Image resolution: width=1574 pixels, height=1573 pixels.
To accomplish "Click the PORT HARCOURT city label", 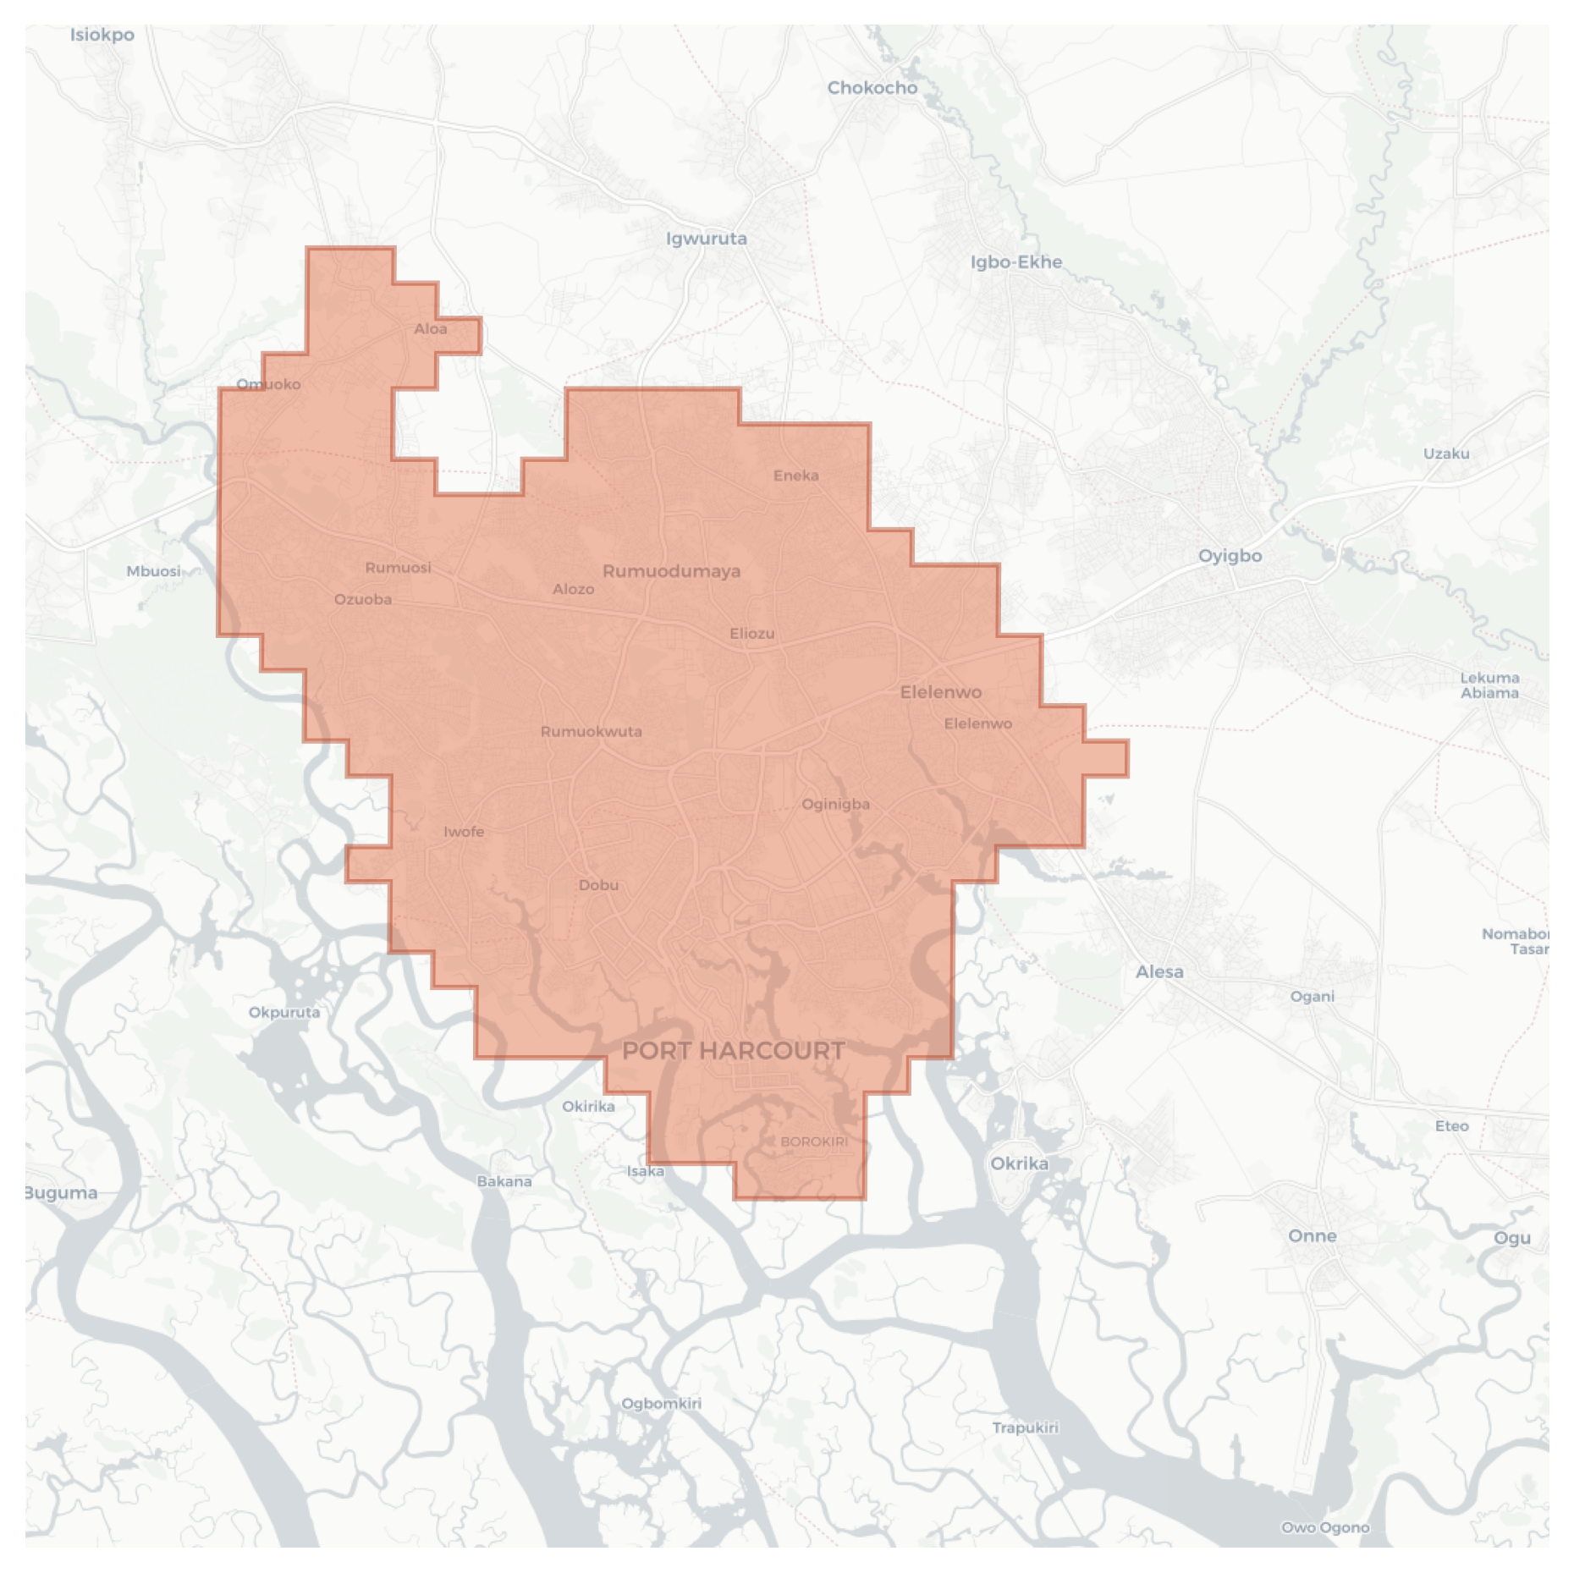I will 733,1051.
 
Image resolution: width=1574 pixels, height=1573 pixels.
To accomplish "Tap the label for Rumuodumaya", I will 671,571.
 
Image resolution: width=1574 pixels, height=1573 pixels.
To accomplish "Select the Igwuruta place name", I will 707,239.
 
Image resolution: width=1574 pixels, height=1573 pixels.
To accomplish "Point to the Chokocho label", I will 872,88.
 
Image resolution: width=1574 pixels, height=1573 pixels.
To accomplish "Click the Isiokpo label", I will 102,35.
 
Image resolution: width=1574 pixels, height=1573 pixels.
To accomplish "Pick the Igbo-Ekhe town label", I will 1015,262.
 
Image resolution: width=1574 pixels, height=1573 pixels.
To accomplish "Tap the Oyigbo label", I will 1230,556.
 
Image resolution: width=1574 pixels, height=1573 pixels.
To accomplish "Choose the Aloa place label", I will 431,329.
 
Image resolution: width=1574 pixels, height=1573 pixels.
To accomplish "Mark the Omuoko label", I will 268,384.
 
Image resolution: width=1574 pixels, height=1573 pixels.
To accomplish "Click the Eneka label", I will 796,476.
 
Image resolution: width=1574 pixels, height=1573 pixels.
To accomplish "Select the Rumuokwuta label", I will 591,732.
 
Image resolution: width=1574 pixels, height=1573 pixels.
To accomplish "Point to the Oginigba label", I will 835,804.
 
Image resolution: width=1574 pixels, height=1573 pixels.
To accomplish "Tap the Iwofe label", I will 464,832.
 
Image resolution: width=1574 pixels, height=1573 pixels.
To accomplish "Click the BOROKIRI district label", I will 813,1141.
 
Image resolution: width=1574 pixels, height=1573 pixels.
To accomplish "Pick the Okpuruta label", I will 284,1012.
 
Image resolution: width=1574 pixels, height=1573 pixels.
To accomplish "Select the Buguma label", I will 61,1193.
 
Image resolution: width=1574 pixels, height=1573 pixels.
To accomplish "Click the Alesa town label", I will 1159,972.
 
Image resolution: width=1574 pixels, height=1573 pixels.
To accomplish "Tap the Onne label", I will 1312,1236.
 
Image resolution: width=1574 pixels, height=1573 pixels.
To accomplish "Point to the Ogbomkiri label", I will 661,1403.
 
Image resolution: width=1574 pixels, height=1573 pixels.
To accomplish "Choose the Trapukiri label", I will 1025,1427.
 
